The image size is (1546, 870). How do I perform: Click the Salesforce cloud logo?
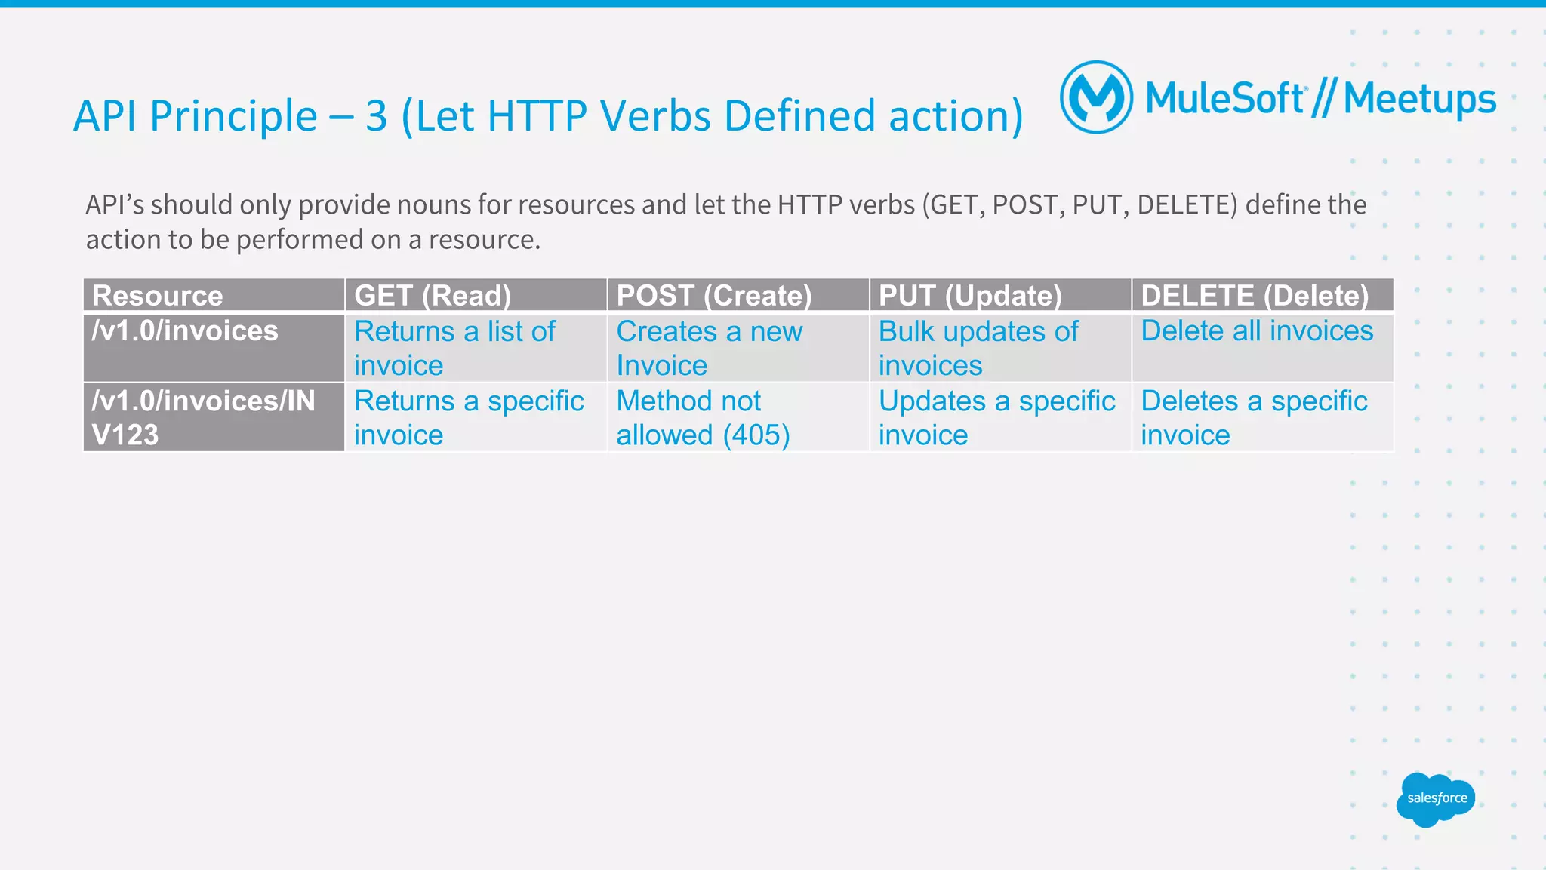click(1436, 799)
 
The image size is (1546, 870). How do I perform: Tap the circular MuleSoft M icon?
click(1096, 97)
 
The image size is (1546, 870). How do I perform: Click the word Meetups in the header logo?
click(1419, 100)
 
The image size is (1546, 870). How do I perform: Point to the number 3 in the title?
click(376, 116)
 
